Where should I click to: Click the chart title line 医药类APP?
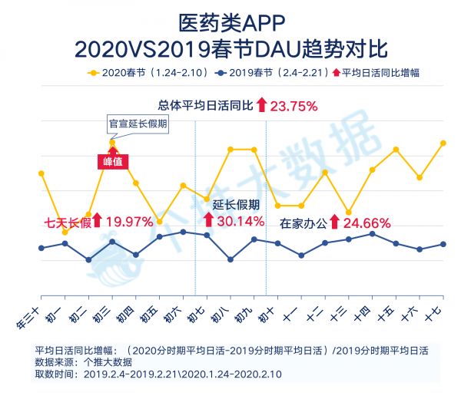[x=230, y=21]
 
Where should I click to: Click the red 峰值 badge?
[x=113, y=161]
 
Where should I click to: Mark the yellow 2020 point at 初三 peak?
[x=112, y=142]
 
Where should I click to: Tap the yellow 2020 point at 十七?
[x=443, y=143]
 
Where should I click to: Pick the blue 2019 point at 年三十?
[x=41, y=248]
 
